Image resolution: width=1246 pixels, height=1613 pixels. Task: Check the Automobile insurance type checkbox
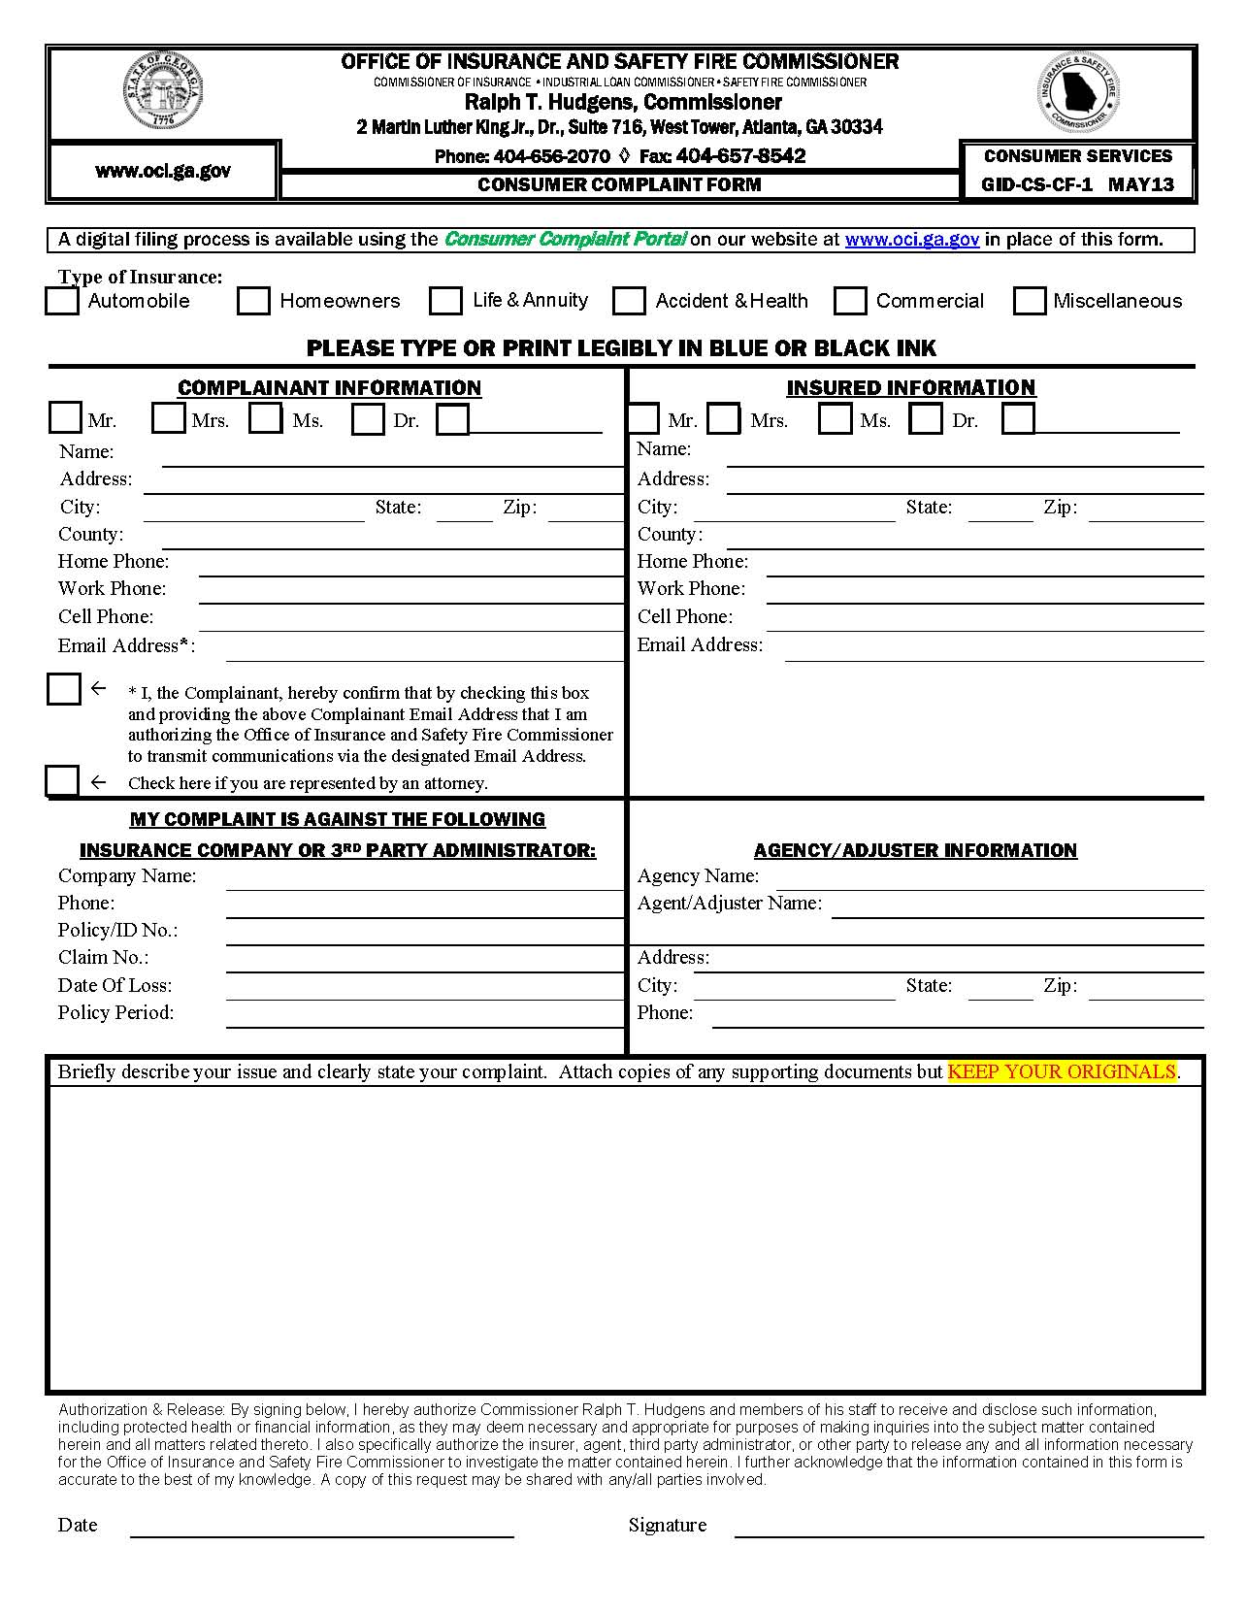tap(63, 301)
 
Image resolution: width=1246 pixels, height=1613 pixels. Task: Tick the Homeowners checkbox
tap(253, 301)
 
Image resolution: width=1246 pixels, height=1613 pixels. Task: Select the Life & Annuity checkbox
tap(445, 301)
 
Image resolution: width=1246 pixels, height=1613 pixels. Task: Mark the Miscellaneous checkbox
tap(1029, 301)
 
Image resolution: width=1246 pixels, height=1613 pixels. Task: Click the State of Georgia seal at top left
tap(163, 92)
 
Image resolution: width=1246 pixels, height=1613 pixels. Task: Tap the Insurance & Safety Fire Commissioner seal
tap(1078, 92)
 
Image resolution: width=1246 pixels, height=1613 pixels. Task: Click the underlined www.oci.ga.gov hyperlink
tap(911, 240)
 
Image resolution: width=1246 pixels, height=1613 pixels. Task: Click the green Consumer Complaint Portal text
tap(565, 240)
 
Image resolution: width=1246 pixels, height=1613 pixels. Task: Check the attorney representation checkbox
tap(62, 781)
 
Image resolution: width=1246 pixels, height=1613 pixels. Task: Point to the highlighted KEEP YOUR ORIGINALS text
tap(1061, 1071)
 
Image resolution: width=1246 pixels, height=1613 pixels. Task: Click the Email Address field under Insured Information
tap(994, 650)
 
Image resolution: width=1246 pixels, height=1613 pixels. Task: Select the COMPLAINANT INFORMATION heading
tap(329, 388)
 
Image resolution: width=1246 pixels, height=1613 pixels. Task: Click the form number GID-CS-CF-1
tap(1036, 184)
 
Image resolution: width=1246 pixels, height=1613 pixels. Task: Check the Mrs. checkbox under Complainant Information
tap(168, 418)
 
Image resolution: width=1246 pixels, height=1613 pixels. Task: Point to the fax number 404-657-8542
tap(740, 156)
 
